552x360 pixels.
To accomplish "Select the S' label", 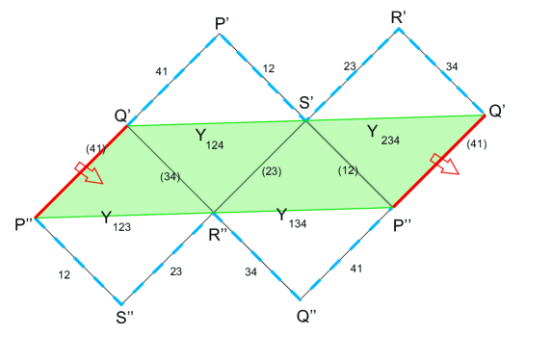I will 305,103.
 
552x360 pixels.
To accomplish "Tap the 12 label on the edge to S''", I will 64,275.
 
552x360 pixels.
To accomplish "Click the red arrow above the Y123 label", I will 91,172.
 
